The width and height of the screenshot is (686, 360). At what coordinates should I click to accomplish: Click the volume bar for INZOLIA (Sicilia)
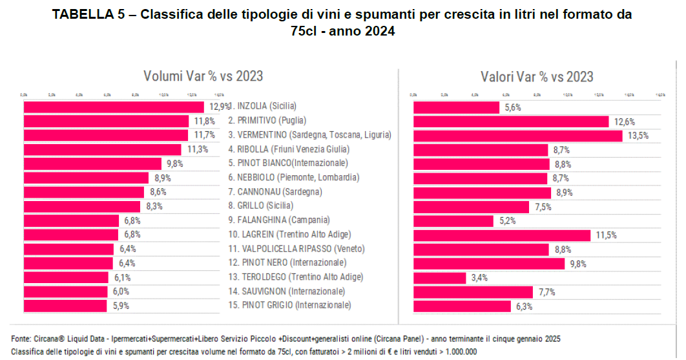(x=114, y=107)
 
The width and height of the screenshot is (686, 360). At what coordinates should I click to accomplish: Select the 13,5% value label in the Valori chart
(x=637, y=136)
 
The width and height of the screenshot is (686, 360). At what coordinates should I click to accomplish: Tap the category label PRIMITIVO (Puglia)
(x=267, y=121)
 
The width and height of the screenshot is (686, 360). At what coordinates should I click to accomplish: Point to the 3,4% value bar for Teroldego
(x=439, y=278)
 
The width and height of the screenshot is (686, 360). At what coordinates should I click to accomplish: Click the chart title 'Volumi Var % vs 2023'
(x=203, y=76)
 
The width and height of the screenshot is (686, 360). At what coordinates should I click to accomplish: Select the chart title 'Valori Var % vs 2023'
(x=537, y=77)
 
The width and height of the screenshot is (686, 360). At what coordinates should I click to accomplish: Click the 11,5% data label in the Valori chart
(x=605, y=235)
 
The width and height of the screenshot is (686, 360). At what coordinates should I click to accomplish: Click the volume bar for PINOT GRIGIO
(x=65, y=306)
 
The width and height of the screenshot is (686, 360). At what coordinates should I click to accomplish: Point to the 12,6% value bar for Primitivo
(x=510, y=122)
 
